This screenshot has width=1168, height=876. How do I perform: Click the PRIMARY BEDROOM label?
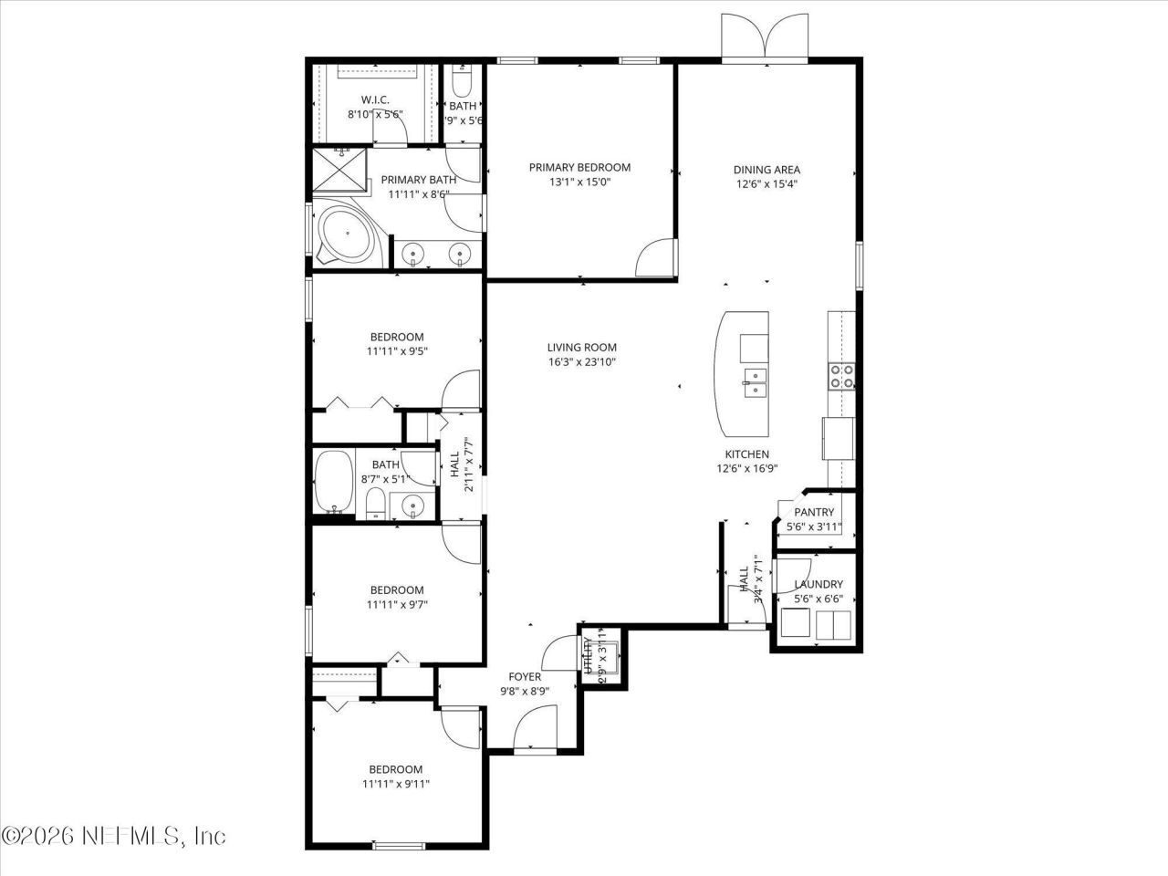579,167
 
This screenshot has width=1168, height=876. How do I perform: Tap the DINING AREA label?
766,169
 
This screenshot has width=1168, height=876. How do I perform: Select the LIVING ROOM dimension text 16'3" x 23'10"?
581,361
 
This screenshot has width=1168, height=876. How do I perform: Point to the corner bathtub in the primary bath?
345,235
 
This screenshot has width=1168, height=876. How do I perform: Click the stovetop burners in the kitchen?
841,377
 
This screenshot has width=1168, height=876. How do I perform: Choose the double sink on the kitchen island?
754,378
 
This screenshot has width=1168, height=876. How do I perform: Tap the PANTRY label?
814,512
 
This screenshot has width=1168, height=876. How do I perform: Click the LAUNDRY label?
819,584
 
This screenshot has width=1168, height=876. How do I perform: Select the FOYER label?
525,676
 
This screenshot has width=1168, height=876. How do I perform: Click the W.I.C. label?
375,99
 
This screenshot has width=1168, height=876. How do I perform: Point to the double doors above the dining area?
765,38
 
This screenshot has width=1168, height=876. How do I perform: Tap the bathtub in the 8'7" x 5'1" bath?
333,482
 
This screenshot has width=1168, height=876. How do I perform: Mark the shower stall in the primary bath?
339,171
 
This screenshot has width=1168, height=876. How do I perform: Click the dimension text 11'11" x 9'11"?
396,783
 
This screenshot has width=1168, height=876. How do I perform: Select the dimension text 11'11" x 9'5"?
396,350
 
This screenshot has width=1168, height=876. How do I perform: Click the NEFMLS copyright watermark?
113,835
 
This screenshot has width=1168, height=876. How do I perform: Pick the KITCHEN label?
746,454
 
